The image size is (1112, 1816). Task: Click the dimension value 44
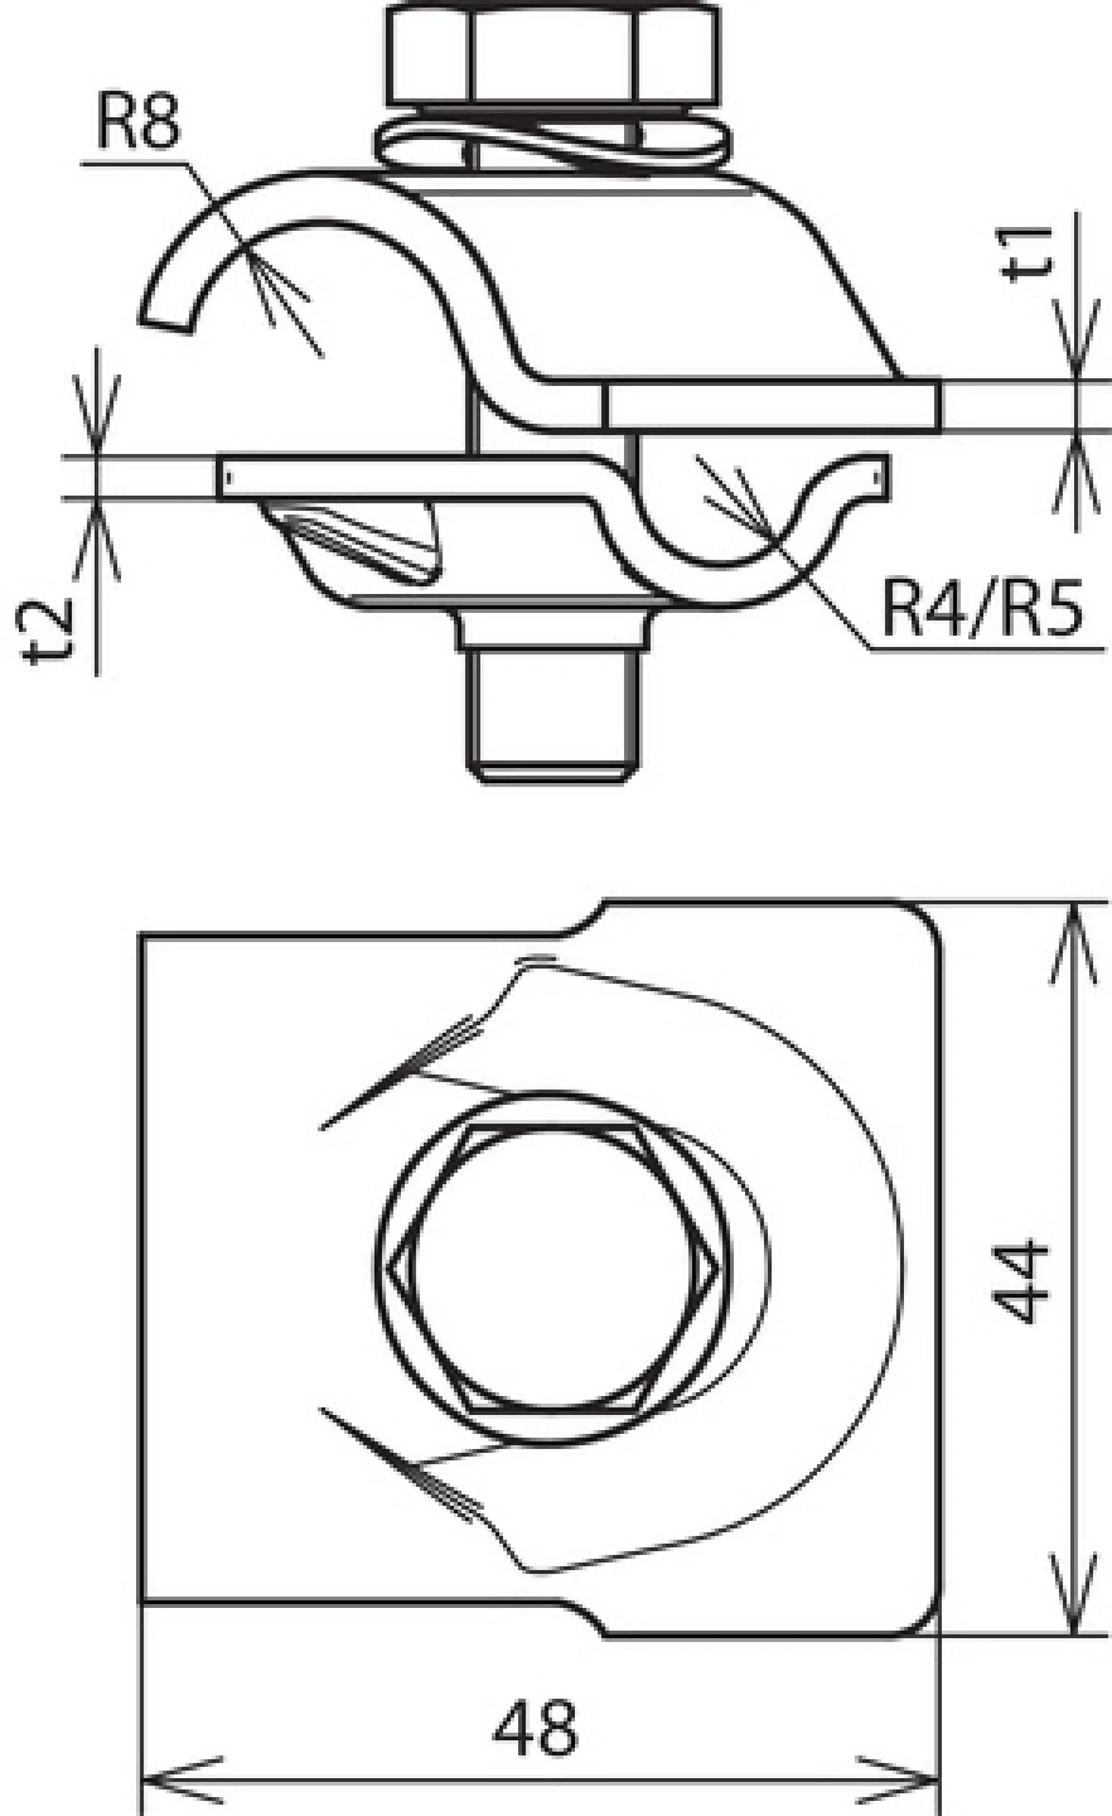pos(1021,1283)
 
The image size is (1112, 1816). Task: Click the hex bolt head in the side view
pos(553,55)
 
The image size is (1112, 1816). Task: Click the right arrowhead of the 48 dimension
pos(921,1780)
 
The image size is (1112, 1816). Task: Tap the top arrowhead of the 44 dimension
pos(1074,925)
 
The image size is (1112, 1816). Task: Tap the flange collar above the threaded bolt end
pos(553,626)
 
